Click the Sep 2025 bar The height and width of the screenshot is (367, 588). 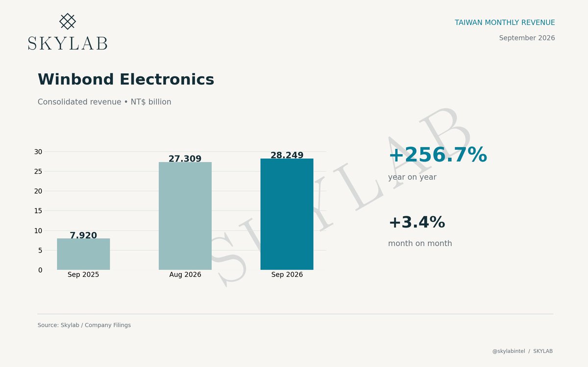83,254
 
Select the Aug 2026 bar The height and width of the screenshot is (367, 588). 185,216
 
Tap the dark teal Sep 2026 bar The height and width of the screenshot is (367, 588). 287,214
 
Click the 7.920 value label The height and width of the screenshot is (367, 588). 83,235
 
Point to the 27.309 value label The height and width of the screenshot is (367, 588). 185,159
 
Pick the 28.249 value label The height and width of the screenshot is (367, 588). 287,155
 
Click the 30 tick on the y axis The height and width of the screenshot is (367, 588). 38,152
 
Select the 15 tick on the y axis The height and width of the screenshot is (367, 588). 38,211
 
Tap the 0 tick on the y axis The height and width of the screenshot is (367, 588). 40,270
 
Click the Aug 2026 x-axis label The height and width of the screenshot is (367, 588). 185,275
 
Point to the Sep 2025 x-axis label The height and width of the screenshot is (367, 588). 83,275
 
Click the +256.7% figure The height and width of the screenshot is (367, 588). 438,155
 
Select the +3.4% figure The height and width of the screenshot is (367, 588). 417,222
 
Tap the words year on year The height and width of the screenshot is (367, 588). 413,177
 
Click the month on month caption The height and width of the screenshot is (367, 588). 420,244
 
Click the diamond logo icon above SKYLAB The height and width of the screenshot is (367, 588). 68,21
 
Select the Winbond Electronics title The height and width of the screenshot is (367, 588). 126,79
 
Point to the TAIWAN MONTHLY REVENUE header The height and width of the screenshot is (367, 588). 505,23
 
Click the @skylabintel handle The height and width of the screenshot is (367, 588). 509,351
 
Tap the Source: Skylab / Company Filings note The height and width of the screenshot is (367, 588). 84,325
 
